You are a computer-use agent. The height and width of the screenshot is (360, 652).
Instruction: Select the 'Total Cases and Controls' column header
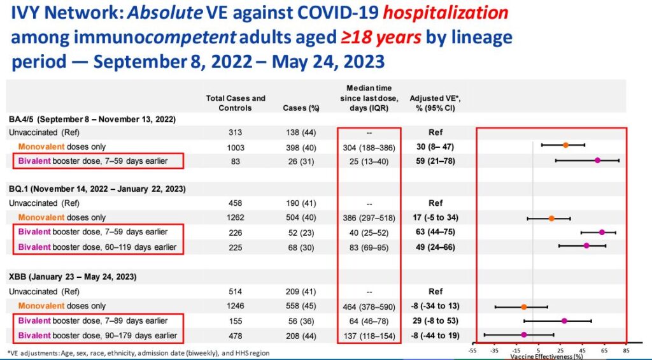236,103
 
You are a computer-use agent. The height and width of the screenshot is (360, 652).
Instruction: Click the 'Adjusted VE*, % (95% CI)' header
436,103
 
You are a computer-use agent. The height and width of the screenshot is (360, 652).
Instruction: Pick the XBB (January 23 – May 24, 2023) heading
73,277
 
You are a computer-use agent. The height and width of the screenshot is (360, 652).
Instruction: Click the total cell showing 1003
236,146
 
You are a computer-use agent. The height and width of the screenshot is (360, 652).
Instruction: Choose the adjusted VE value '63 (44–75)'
436,232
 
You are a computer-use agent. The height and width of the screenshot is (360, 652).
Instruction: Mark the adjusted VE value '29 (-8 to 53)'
436,320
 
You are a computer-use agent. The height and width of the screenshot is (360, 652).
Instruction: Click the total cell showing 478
236,335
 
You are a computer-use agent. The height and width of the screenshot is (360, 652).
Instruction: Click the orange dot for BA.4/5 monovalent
565,145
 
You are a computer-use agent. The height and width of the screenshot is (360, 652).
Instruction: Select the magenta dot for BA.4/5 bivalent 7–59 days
597,160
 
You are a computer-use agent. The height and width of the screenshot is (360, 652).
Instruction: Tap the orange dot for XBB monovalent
523,306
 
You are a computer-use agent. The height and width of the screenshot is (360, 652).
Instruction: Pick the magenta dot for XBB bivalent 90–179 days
523,335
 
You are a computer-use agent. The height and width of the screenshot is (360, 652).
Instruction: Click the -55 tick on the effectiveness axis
472,350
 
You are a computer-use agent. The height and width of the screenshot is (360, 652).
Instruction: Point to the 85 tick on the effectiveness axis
627,350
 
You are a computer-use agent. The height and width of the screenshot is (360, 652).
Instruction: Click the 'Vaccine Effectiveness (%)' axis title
546,356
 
